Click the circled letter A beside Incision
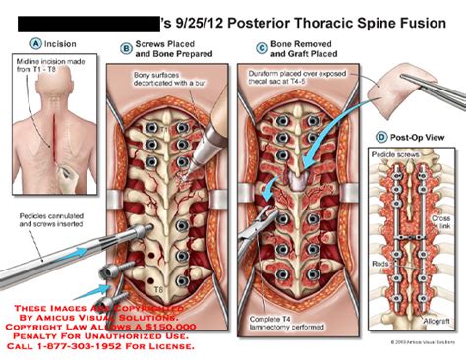click(35, 43)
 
